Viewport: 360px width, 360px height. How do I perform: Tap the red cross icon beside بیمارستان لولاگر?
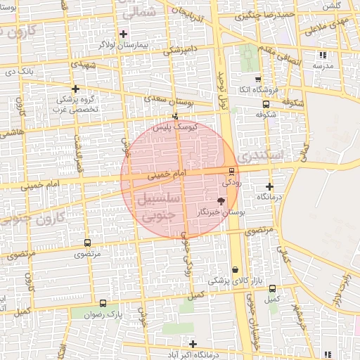[x=123, y=34]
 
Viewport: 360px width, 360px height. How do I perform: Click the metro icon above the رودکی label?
[x=231, y=171]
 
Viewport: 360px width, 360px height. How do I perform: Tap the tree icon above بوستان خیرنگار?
[x=221, y=201]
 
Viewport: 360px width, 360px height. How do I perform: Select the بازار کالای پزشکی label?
[x=237, y=280]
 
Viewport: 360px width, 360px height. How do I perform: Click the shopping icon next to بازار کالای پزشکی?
[x=235, y=269]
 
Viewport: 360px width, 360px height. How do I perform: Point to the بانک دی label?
[x=19, y=71]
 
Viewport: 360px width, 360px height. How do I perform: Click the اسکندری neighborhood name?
[x=261, y=153]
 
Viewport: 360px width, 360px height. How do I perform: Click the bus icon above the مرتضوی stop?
[x=87, y=243]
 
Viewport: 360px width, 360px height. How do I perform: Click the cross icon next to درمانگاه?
[x=270, y=187]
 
